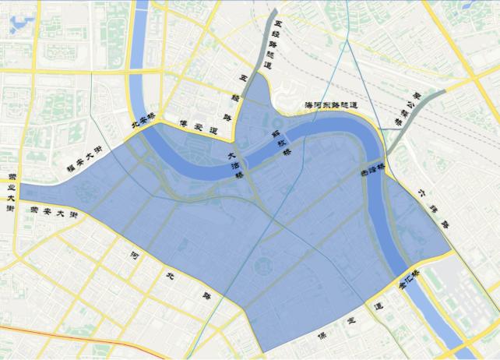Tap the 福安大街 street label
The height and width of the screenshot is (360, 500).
click(83, 161)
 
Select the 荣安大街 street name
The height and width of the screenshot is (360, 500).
click(53, 210)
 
